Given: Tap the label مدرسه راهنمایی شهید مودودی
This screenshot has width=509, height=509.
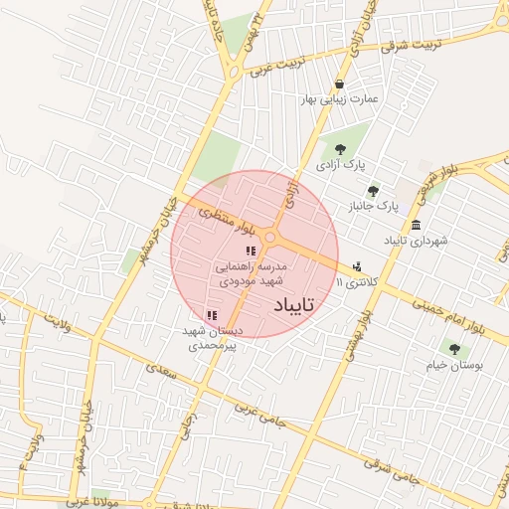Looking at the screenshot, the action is [252, 274].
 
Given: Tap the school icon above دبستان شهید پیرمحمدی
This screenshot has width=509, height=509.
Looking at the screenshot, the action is [211, 315].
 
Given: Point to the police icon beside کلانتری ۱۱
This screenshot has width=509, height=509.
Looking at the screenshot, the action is [357, 266].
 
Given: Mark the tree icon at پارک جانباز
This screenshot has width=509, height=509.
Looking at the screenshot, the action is [373, 191].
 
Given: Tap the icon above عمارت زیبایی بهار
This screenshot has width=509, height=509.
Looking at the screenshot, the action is [341, 85].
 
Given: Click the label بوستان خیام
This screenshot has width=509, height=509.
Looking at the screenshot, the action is [454, 365].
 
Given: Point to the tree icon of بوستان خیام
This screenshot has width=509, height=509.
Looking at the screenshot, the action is [454, 349].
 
